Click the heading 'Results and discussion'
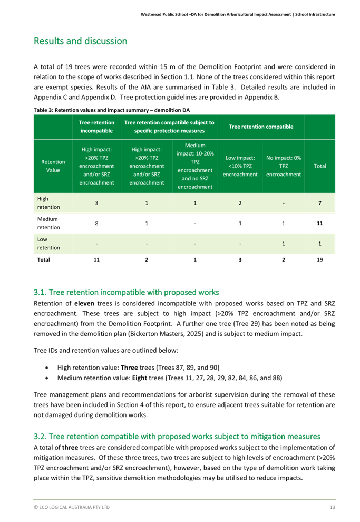point(80,41)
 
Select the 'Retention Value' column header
point(53,166)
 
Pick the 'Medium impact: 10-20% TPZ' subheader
point(195,166)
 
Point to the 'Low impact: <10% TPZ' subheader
point(240,166)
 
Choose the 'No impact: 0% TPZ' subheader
point(284,166)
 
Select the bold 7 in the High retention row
point(319,203)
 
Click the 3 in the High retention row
point(96,203)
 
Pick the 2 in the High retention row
point(240,203)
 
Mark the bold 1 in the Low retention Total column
point(319,243)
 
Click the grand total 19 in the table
point(319,260)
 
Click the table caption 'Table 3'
point(42,110)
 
